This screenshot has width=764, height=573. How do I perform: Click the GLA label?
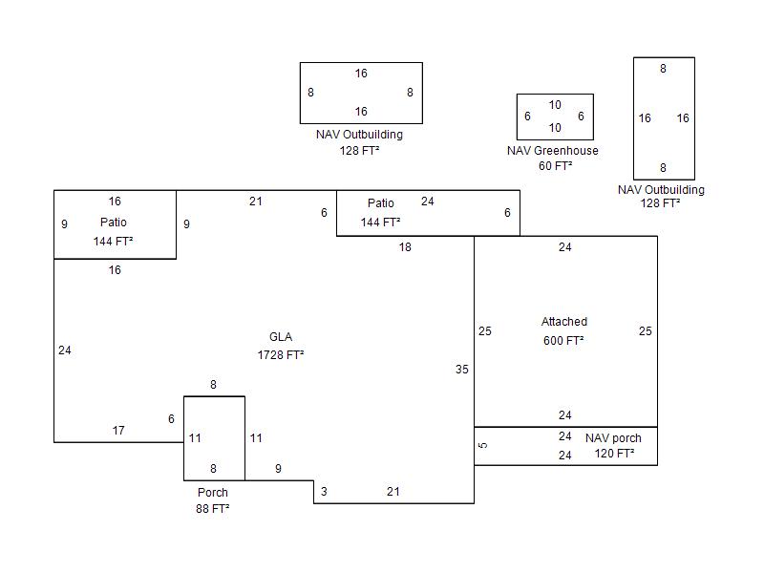(281, 337)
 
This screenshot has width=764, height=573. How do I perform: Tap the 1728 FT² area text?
(281, 355)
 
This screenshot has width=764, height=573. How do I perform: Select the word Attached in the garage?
(564, 322)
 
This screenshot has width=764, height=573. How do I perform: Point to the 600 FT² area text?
(564, 340)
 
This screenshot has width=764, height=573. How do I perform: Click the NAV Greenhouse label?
(553, 151)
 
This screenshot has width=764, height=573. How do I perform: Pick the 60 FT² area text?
(555, 166)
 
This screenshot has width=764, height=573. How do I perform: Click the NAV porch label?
(613, 438)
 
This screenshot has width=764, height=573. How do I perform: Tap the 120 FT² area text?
(615, 454)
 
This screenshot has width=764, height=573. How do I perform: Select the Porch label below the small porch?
(213, 493)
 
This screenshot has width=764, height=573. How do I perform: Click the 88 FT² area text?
(213, 509)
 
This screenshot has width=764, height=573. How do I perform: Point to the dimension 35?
(462, 370)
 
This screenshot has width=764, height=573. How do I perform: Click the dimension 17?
(118, 431)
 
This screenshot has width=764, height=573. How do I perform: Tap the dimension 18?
(405, 247)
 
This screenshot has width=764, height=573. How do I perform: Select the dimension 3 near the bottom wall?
(324, 492)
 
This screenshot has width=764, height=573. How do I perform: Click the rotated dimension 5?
(483, 445)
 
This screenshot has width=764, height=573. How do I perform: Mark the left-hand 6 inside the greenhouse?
(527, 117)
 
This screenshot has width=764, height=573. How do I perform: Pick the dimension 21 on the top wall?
(255, 202)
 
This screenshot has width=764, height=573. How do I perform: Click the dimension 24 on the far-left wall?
(65, 350)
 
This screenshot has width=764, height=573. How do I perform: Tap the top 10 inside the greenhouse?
(555, 105)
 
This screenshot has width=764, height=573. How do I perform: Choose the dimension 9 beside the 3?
(278, 469)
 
